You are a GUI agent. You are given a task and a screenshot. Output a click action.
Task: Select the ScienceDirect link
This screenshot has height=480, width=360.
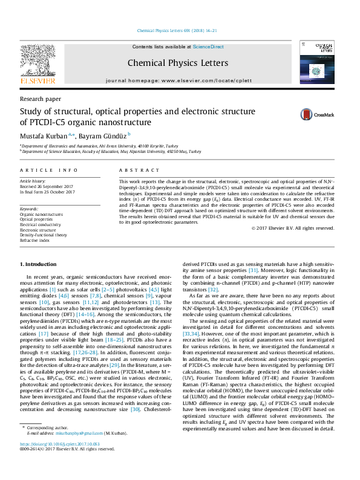pyautogui.click(x=208, y=47)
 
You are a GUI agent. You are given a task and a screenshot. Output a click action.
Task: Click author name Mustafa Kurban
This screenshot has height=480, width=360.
pyautogui.click(x=44, y=135)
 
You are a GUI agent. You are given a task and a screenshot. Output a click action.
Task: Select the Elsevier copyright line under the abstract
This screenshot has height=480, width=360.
pyautogui.click(x=292, y=228)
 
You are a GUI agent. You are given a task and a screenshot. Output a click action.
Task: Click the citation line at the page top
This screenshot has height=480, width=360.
pyautogui.click(x=180, y=30)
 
